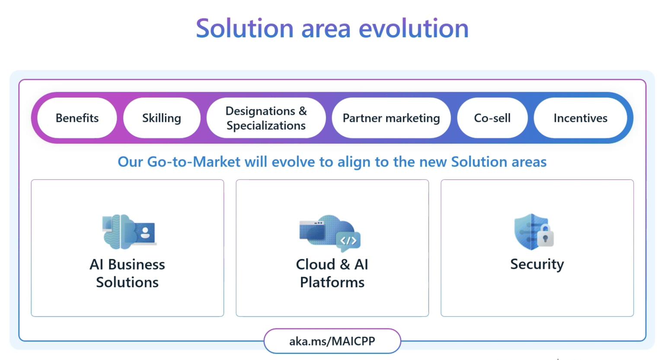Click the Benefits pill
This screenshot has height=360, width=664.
(77, 118)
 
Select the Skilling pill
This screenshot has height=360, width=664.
(162, 118)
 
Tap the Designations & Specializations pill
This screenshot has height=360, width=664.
(266, 118)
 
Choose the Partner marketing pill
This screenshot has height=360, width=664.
(391, 118)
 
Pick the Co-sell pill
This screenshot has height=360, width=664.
(492, 118)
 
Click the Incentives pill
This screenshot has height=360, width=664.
(580, 118)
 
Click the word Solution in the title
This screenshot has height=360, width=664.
(245, 29)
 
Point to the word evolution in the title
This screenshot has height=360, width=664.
(413, 29)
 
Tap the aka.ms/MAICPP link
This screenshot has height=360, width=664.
(332, 341)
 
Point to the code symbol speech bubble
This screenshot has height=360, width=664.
(348, 241)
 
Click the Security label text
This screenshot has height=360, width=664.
(537, 264)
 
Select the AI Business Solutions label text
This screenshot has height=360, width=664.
(127, 273)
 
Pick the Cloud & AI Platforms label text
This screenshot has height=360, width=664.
(332, 273)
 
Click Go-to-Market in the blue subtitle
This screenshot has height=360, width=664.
(193, 162)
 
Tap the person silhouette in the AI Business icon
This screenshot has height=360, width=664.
(145, 233)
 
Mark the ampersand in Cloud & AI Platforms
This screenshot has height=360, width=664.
(345, 264)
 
